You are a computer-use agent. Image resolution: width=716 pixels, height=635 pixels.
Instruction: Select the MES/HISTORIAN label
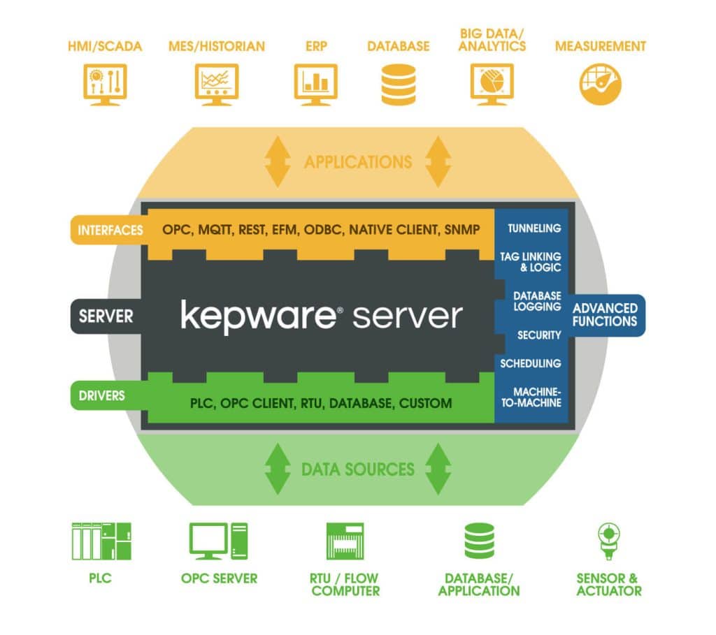[217, 47]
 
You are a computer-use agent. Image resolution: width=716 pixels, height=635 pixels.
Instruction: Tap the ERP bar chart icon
[315, 84]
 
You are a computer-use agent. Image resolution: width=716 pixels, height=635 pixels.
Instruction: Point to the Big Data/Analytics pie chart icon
[492, 84]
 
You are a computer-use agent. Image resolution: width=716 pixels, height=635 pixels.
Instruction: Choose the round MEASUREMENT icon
[600, 84]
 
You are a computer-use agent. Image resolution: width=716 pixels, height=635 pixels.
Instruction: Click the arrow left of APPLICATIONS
[277, 162]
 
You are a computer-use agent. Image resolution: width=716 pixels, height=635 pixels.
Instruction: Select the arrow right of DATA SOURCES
[438, 469]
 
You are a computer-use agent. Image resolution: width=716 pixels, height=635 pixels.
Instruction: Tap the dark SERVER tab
[106, 316]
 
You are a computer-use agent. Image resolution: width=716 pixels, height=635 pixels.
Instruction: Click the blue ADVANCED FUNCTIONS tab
[605, 315]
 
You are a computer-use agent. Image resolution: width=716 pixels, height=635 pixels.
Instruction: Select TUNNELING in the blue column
[534, 228]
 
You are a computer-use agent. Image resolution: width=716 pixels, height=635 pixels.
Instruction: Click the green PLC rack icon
[101, 541]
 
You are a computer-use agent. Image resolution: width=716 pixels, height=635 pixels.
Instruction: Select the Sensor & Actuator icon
[608, 541]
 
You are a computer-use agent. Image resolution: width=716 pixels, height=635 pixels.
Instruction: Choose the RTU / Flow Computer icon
[345, 541]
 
